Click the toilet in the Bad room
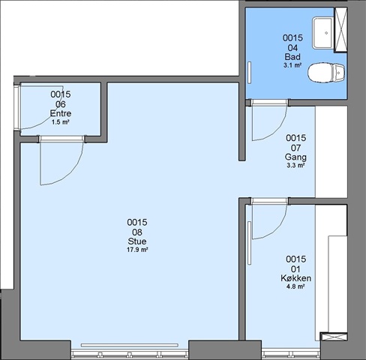(x=326, y=72)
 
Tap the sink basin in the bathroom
(x=323, y=32)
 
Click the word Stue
(x=137, y=241)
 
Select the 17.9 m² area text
(x=137, y=250)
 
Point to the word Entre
(x=61, y=113)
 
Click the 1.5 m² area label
(x=60, y=122)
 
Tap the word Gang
(x=295, y=157)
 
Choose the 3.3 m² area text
(x=295, y=165)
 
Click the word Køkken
(x=295, y=278)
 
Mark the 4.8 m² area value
(x=295, y=286)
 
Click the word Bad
(x=292, y=57)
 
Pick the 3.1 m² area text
(x=292, y=65)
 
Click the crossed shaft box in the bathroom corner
(x=340, y=29)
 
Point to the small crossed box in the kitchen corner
(x=334, y=337)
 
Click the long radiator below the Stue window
(x=130, y=345)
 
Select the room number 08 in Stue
(x=137, y=232)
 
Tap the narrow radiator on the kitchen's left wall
(x=249, y=243)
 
